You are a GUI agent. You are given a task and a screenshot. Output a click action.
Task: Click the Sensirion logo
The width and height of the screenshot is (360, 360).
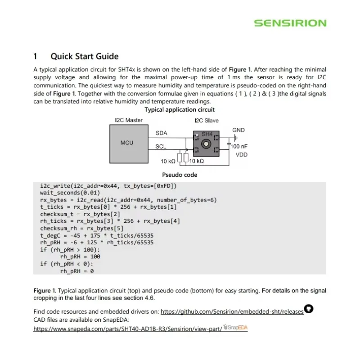[x=290, y=23]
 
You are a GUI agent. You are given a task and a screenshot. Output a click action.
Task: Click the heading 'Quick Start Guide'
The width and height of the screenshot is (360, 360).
[x=84, y=56]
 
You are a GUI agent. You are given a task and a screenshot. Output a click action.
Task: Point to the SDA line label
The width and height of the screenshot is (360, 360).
[x=161, y=133]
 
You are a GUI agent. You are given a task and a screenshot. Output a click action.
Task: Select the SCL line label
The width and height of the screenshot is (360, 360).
[x=161, y=147]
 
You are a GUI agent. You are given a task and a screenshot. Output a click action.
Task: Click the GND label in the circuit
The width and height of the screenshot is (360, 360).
[x=238, y=130]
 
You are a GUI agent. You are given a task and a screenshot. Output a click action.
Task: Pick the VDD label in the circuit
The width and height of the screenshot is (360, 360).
[x=242, y=155]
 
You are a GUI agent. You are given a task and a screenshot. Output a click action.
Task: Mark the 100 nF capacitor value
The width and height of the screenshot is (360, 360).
[x=239, y=147]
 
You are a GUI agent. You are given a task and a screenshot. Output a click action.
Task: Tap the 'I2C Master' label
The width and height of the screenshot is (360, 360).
[x=129, y=121]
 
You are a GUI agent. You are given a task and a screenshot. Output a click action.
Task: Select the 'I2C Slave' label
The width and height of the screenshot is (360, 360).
[x=207, y=121]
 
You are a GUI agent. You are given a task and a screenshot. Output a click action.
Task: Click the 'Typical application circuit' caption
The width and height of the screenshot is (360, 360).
[x=180, y=109]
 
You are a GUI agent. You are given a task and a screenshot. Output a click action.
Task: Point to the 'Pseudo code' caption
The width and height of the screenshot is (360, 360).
[x=179, y=175]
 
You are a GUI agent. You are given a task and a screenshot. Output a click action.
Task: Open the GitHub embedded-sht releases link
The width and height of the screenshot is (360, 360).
[x=232, y=311]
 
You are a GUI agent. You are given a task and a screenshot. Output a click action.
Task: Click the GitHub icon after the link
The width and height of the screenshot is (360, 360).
[x=309, y=309]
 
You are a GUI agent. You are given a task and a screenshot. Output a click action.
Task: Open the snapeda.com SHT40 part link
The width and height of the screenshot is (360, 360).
[x=128, y=328]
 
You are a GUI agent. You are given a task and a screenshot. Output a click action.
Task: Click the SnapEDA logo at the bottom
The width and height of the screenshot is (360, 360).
[x=236, y=328]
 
